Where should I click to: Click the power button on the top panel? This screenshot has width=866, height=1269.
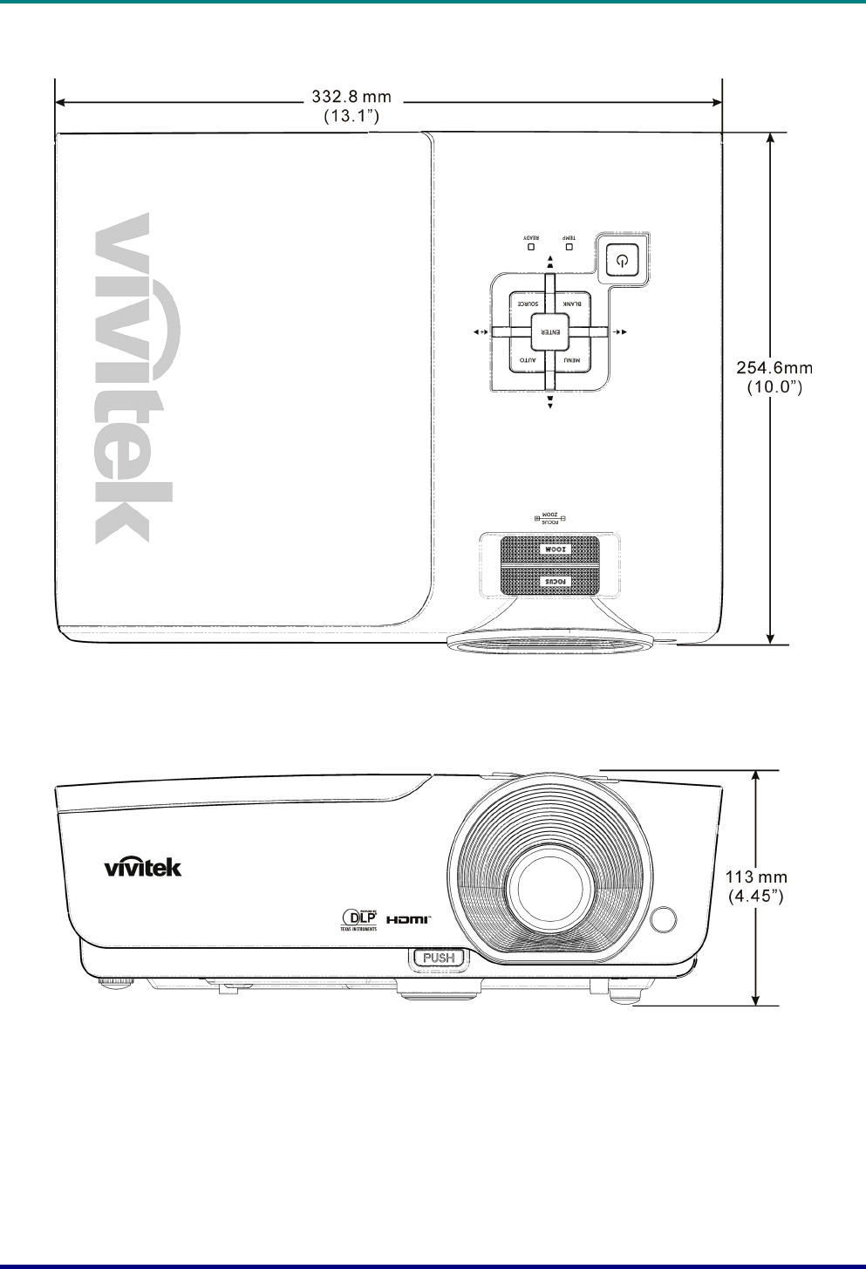[620, 260]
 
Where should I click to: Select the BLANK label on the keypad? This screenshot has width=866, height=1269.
[573, 304]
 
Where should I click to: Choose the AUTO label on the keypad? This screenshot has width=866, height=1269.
[527, 360]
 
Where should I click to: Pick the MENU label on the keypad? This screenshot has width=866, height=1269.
[571, 360]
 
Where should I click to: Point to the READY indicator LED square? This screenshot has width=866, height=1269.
[529, 248]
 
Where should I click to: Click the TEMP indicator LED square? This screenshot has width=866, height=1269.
[569, 248]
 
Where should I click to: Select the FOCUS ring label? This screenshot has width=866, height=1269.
[550, 580]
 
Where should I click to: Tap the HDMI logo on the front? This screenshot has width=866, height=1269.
[409, 919]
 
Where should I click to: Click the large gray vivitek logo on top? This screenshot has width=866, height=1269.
[133, 379]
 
